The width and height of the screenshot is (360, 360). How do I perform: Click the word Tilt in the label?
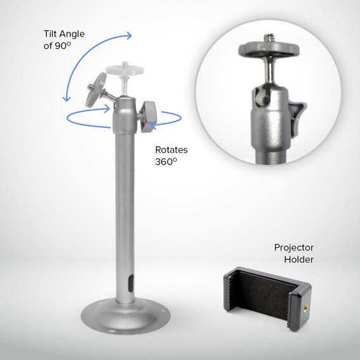[50, 34]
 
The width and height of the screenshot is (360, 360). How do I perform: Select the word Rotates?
[171, 150]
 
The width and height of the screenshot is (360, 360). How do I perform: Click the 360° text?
[166, 162]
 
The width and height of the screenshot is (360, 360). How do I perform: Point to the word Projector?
[293, 248]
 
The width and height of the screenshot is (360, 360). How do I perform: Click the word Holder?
[299, 259]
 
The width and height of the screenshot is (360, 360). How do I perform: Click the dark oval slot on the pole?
[131, 283]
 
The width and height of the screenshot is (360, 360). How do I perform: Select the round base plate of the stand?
[125, 316]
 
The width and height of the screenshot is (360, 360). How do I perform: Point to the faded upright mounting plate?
[125, 68]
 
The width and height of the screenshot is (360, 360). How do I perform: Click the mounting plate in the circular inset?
[269, 49]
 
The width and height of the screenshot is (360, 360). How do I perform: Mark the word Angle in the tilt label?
[72, 34]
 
